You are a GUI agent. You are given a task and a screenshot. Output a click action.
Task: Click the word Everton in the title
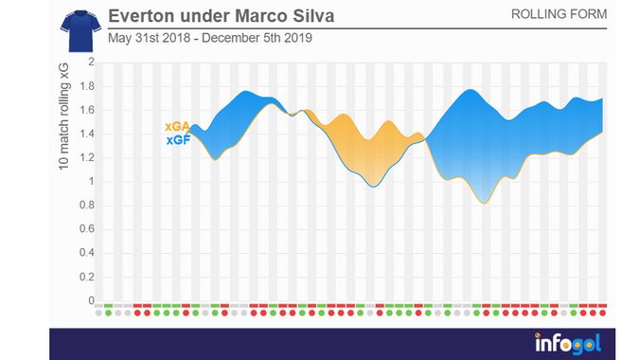click(x=142, y=17)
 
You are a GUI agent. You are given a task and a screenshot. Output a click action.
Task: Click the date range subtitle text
click(x=211, y=39)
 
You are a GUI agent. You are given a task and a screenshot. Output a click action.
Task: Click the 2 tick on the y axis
click(x=91, y=63)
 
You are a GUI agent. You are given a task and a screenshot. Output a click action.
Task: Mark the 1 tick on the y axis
click(x=91, y=182)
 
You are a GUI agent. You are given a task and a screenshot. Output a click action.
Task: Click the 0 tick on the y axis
click(x=91, y=301)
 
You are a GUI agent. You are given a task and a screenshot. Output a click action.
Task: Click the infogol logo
click(x=565, y=342)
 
